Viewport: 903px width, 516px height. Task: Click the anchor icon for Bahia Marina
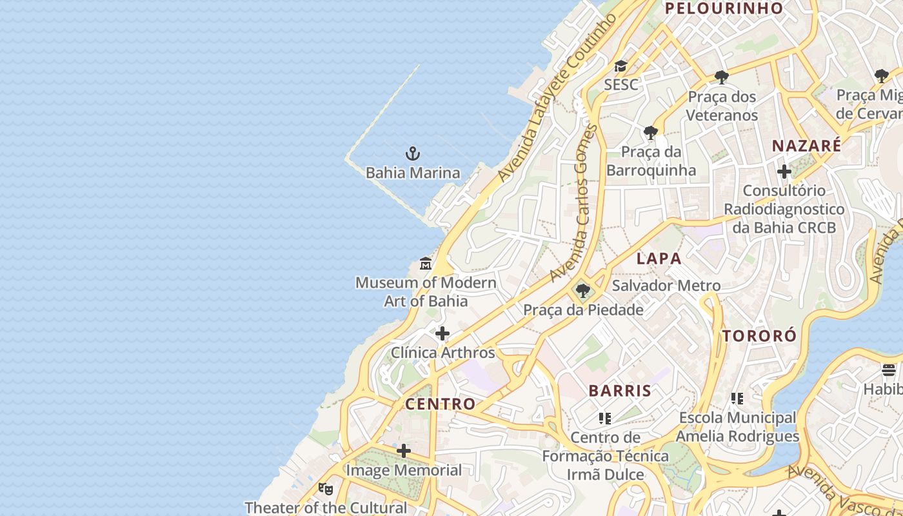(x=412, y=154)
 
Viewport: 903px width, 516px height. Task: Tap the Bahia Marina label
(x=413, y=173)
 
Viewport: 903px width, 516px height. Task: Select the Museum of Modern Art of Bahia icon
(x=426, y=263)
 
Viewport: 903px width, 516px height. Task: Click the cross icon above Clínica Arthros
(x=442, y=333)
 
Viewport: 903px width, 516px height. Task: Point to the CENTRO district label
(x=440, y=404)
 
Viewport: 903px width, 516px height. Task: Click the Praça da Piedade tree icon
(x=582, y=291)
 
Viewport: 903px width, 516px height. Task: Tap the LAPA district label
(x=659, y=259)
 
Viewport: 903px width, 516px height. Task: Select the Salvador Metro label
(x=666, y=285)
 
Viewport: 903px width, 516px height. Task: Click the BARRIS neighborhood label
(x=620, y=390)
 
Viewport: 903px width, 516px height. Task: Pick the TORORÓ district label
(x=759, y=336)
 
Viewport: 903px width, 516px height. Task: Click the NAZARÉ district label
(x=806, y=146)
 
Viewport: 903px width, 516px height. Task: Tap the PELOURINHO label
(x=724, y=8)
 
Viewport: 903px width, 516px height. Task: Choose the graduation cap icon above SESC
(x=620, y=66)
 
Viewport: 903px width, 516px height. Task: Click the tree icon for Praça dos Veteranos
(x=722, y=77)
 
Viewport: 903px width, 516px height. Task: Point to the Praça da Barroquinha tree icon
(x=651, y=133)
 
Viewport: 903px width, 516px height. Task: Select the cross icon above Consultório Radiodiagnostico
(x=784, y=172)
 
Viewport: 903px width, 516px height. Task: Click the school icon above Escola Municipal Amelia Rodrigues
(x=737, y=399)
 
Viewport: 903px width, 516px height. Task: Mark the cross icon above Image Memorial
(x=404, y=450)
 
